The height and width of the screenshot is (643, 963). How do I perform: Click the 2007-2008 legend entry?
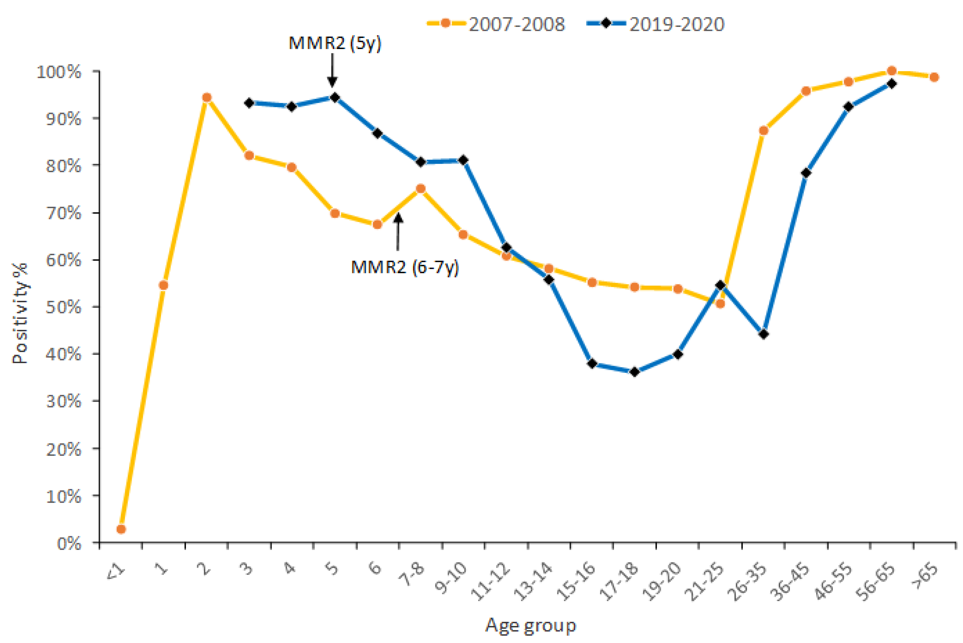496,24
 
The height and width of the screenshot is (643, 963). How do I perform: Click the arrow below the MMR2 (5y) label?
332,70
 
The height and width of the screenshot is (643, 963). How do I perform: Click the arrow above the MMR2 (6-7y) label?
398,231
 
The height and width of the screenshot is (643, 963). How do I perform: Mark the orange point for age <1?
121,529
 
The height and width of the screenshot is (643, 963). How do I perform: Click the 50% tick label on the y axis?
64,307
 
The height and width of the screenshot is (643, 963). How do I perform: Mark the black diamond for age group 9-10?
463,160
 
